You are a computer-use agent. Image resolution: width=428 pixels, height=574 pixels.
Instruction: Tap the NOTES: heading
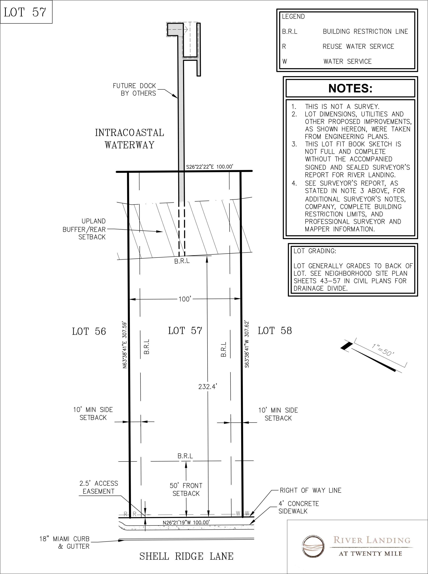coord(350,88)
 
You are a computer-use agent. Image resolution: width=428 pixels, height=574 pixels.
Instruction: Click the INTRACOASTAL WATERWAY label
coord(130,139)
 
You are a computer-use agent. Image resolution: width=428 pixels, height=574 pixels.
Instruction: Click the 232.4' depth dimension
coord(207,387)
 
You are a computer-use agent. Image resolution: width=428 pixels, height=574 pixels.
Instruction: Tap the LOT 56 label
coord(89,331)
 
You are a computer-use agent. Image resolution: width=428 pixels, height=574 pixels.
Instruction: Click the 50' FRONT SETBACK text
coord(186,489)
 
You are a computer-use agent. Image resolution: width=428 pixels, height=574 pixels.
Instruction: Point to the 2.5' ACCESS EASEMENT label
coord(98,487)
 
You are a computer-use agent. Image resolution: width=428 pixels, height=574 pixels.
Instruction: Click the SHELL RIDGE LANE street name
coord(186,556)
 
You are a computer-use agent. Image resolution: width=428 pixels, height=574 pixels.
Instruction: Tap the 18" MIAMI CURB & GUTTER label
coord(65,543)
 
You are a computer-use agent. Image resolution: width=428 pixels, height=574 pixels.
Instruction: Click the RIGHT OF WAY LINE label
coord(310,490)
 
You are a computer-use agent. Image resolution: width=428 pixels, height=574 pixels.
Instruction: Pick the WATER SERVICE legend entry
coord(347,61)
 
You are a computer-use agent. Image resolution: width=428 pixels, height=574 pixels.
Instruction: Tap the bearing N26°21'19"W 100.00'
coord(186,522)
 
